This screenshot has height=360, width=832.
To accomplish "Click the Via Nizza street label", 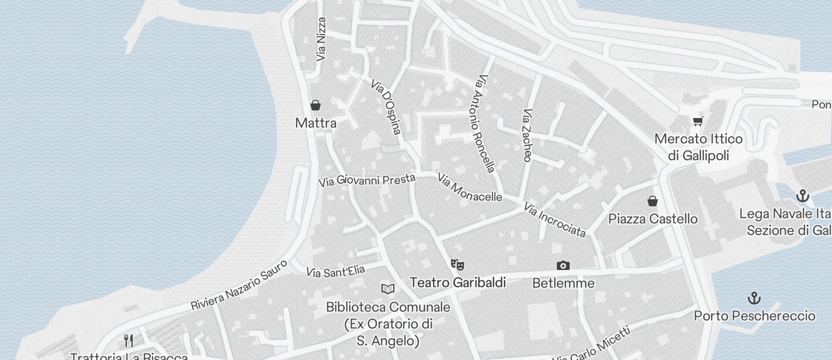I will [x=321, y=39].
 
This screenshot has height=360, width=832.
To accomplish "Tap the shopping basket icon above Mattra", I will [x=316, y=105].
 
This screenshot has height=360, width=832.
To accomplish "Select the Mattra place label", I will [x=316, y=123].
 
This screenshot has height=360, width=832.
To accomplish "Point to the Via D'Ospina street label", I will [x=386, y=107].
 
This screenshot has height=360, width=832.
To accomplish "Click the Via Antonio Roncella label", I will [x=486, y=123].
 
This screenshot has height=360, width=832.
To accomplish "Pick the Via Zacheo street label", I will [x=527, y=135].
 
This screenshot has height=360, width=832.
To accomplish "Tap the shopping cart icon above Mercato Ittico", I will [x=698, y=121].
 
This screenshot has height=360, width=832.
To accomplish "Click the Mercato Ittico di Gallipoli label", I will [x=698, y=147].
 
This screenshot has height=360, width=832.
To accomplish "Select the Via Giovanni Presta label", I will [x=367, y=180].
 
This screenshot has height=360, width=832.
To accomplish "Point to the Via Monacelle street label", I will [x=470, y=188].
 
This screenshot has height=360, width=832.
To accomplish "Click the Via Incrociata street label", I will [x=554, y=220].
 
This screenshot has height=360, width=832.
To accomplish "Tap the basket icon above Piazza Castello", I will [x=653, y=201].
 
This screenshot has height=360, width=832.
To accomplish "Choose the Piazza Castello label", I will [x=653, y=219].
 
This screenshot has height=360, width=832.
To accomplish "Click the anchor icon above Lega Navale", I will [x=803, y=195].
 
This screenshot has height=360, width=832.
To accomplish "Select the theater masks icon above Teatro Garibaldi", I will [x=457, y=265].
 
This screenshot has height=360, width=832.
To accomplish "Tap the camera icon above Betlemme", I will [x=563, y=265].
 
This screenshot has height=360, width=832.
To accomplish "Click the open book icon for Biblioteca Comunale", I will [x=388, y=289].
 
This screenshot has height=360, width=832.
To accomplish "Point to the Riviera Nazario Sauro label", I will [x=239, y=285].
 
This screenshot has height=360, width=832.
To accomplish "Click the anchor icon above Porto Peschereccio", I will [x=754, y=298].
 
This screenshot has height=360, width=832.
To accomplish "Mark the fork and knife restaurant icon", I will [x=129, y=340].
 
